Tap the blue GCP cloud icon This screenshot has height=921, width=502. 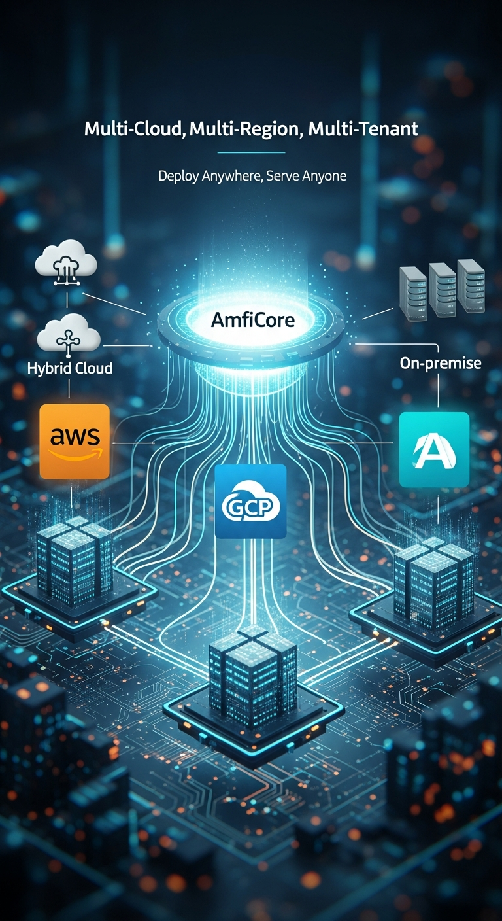pyautogui.click(x=251, y=501)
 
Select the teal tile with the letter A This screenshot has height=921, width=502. pyautogui.click(x=434, y=449)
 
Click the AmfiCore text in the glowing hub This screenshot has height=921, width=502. pyautogui.click(x=252, y=320)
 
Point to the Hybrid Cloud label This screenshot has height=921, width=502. pyautogui.click(x=70, y=368)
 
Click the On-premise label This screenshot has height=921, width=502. pyautogui.click(x=441, y=362)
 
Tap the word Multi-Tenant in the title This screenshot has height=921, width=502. pyautogui.click(x=363, y=129)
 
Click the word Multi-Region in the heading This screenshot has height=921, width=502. pyautogui.click(x=244, y=129)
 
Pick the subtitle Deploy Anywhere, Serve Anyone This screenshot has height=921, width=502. pyautogui.click(x=252, y=176)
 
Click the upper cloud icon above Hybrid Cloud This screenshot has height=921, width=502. pyautogui.click(x=67, y=261)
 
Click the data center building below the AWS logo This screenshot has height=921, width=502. pyautogui.click(x=74, y=559)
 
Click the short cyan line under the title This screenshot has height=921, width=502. pyautogui.click(x=251, y=152)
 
